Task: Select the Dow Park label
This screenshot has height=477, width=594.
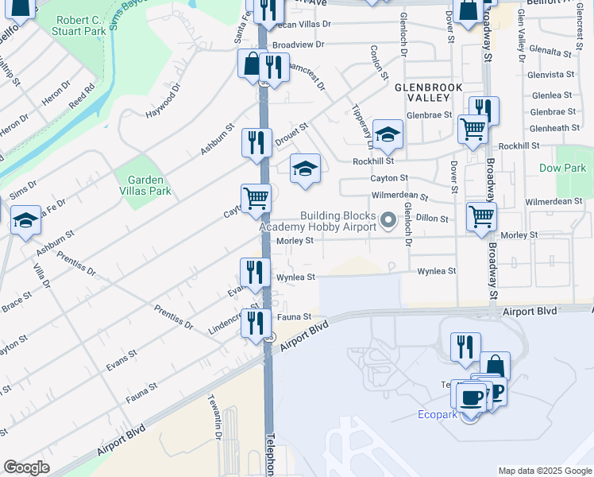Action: tap(562, 168)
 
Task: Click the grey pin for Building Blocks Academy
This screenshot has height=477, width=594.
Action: tap(388, 219)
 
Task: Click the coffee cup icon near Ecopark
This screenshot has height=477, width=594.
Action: tap(469, 396)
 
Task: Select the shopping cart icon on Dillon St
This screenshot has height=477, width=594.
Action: tap(481, 216)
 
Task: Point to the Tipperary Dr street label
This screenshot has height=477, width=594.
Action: tap(363, 126)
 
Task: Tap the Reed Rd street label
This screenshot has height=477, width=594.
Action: tap(82, 96)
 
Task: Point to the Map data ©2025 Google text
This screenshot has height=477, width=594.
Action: tap(545, 471)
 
